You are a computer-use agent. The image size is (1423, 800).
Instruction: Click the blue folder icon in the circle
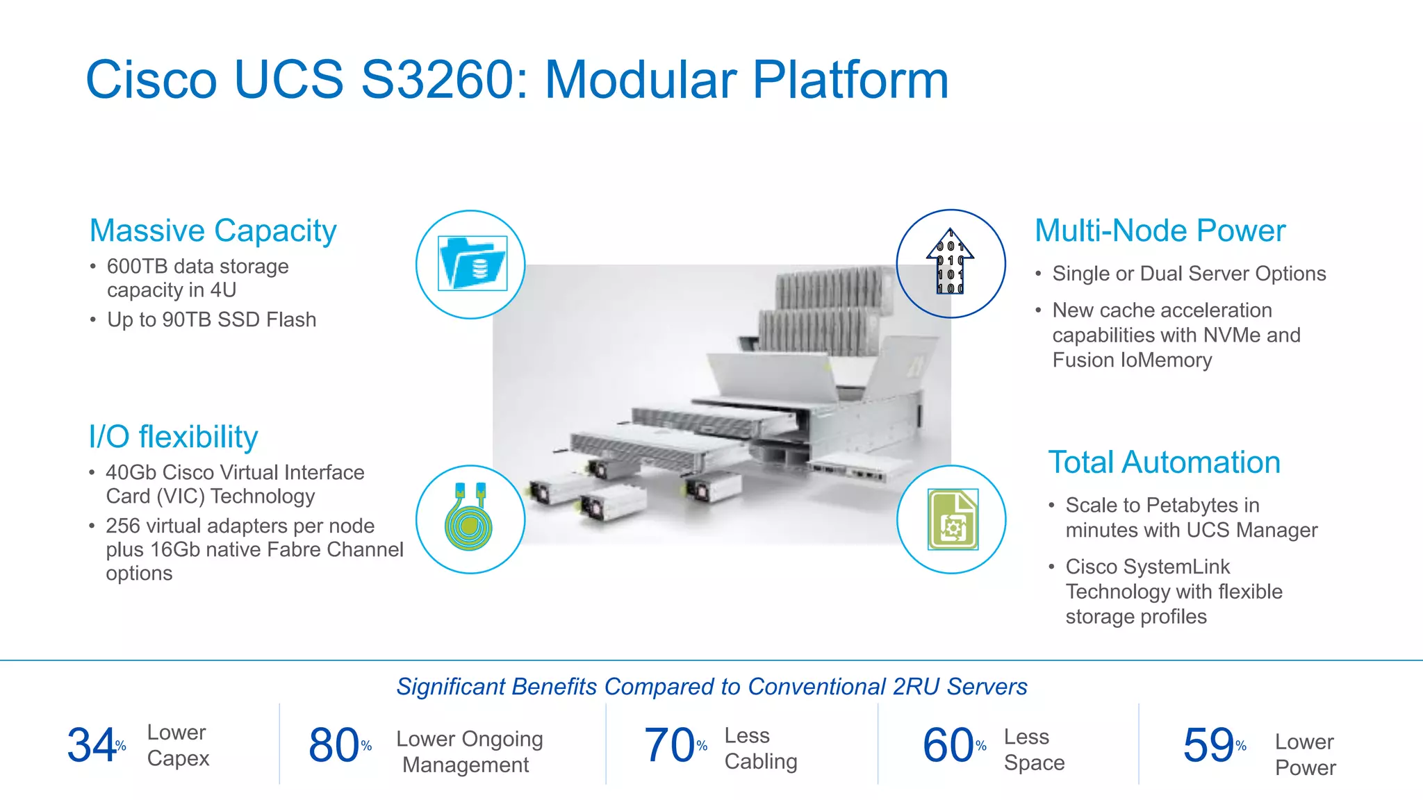pyautogui.click(x=472, y=264)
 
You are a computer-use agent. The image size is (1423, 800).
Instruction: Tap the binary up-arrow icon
pyautogui.click(x=950, y=262)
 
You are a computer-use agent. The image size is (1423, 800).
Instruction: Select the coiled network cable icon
pyautogui.click(x=469, y=519)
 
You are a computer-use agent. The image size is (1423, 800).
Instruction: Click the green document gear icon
pyautogui.click(x=953, y=519)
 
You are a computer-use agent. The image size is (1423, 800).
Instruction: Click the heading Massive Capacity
pyautogui.click(x=213, y=231)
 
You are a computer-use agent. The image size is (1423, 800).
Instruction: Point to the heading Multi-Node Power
pyautogui.click(x=1160, y=231)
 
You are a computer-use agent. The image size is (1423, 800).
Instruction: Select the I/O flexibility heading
pyautogui.click(x=173, y=437)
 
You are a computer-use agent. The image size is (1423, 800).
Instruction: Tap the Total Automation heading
pyautogui.click(x=1164, y=462)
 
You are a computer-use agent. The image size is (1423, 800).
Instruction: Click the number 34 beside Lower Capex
pyautogui.click(x=91, y=745)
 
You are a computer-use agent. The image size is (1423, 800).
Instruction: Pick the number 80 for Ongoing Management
pyautogui.click(x=334, y=745)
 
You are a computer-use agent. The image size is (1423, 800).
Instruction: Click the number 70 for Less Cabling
pyautogui.click(x=669, y=745)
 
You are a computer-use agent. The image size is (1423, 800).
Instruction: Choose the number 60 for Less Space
pyautogui.click(x=948, y=745)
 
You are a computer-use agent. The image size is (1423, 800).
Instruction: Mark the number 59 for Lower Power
pyautogui.click(x=1208, y=745)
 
